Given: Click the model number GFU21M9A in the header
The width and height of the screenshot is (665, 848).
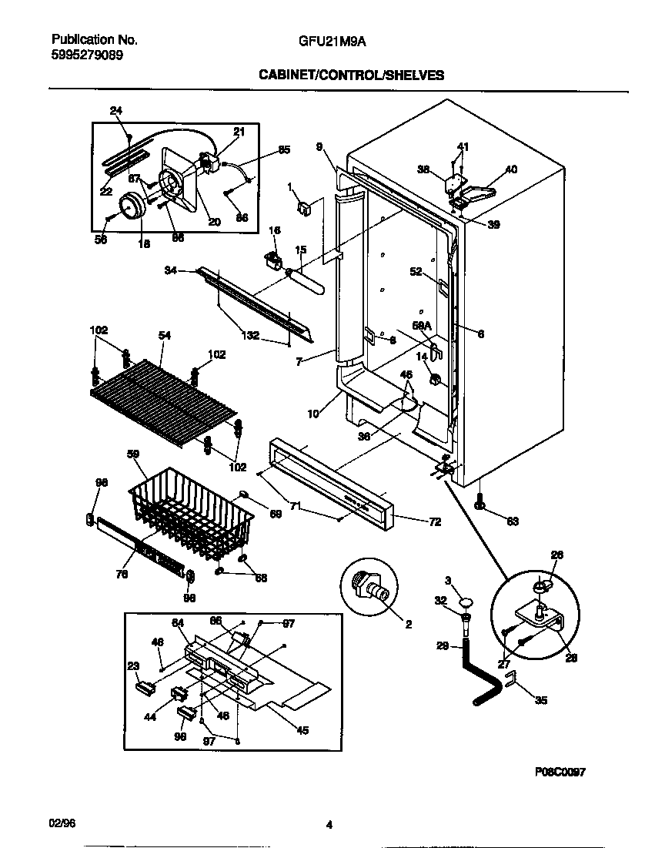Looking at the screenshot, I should coord(332,42).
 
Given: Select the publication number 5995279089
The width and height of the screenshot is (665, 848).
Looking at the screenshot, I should coord(85,55).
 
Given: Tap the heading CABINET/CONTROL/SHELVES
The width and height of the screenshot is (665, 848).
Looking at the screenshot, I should coord(351,75).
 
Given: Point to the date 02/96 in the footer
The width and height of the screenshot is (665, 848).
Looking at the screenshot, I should coord(60,824).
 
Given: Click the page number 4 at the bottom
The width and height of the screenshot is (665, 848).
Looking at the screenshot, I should coord(329,825).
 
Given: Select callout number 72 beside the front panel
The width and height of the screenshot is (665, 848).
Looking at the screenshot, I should coord(434,521).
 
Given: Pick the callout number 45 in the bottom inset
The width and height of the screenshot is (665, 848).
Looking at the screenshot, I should coord(302,730).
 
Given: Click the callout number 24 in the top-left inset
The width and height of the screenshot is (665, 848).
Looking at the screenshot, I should coord(115,111).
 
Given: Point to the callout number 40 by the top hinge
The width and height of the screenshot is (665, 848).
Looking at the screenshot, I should coord(511,169).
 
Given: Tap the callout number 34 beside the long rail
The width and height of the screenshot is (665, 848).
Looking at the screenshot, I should coord(171,270).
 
